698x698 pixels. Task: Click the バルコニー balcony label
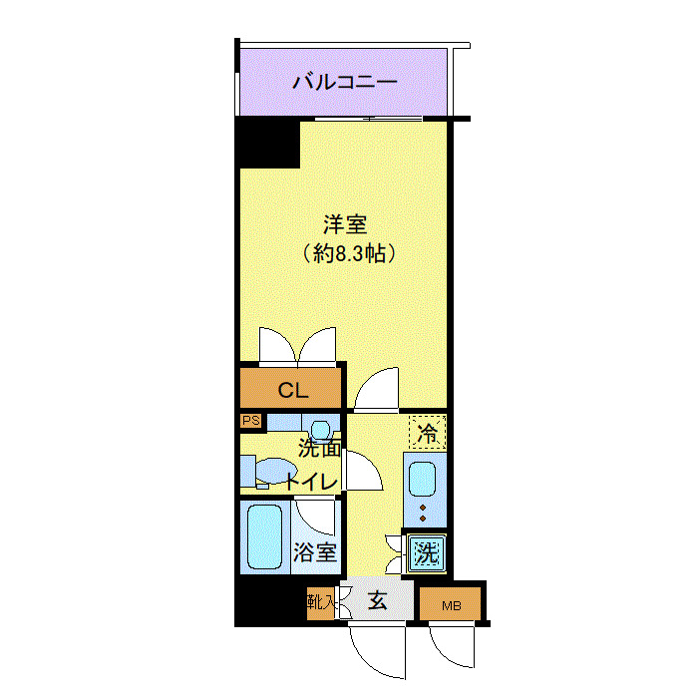(x=345, y=82)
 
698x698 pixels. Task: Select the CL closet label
(x=291, y=390)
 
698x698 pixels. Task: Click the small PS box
(x=249, y=421)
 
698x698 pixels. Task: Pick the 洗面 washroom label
(x=319, y=448)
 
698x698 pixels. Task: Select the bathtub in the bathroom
(x=265, y=536)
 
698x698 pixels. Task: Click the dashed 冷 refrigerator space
(x=427, y=432)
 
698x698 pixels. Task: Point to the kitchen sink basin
(x=424, y=479)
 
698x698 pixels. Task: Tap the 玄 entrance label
(x=379, y=601)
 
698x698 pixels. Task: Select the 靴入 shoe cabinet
(x=321, y=602)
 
